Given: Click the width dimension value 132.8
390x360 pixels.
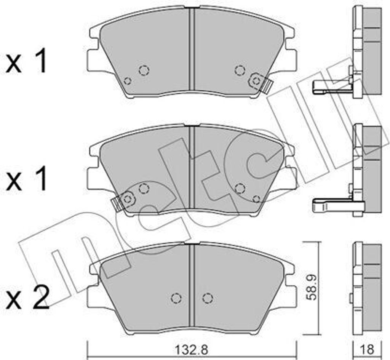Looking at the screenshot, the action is point(191,350).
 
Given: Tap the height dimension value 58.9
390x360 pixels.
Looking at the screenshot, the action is point(311,287).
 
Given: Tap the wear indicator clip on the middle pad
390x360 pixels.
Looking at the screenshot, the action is point(124,201).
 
